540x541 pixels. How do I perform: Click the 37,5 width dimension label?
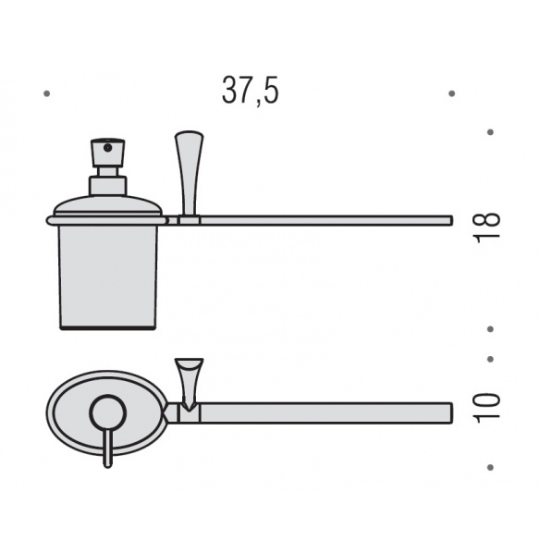pos(251,91)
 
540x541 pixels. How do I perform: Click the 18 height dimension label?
pos(487,227)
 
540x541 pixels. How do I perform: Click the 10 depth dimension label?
pos(487,408)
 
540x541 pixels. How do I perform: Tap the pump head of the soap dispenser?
pos(107,153)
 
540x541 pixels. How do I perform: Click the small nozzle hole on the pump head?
pos(107,148)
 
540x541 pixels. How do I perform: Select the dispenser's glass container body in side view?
pos(108,277)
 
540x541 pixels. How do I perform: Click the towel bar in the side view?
pos(326,220)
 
